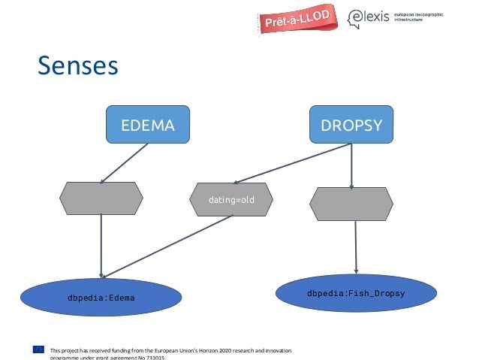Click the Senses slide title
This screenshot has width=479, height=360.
(78, 65)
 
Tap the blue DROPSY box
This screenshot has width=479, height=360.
(351, 125)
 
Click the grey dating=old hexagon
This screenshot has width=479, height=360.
(233, 201)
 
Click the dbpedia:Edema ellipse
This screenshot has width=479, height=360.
(101, 298)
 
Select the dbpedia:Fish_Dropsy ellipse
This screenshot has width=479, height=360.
(355, 292)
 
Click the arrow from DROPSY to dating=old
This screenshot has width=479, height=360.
(293, 163)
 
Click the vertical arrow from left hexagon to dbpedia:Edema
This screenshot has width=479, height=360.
(101, 248)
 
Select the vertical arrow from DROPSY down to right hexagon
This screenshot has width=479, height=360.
(351, 165)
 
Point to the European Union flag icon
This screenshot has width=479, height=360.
(38, 349)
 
